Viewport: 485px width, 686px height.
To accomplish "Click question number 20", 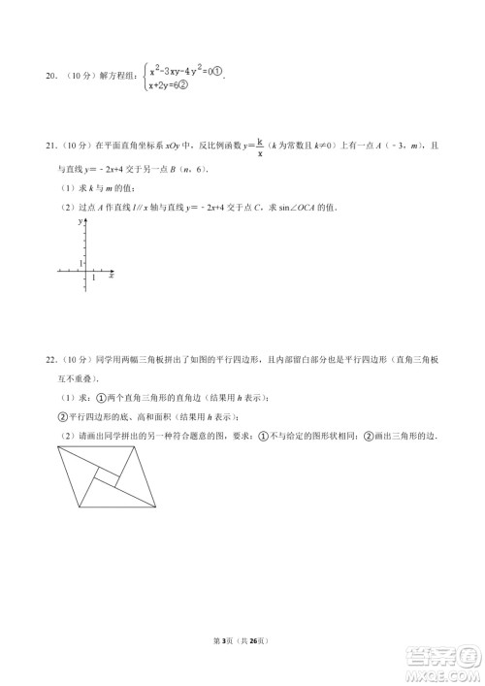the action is coord(50,79).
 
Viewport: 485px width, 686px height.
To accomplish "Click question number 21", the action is coord(50,146).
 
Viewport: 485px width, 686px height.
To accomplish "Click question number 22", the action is coord(50,359).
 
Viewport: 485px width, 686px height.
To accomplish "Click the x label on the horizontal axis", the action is coord(112,276).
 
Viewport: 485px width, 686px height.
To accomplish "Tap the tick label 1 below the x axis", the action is coord(93,279).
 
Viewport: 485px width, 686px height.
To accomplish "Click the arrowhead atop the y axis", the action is coord(87,221).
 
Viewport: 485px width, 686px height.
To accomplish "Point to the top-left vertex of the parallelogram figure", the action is coord(58,452).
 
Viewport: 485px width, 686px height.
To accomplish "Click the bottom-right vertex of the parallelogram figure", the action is coord(158,506).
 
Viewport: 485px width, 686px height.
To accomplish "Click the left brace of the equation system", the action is coord(145,78).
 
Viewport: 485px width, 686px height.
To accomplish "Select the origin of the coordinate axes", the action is coord(87,274).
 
